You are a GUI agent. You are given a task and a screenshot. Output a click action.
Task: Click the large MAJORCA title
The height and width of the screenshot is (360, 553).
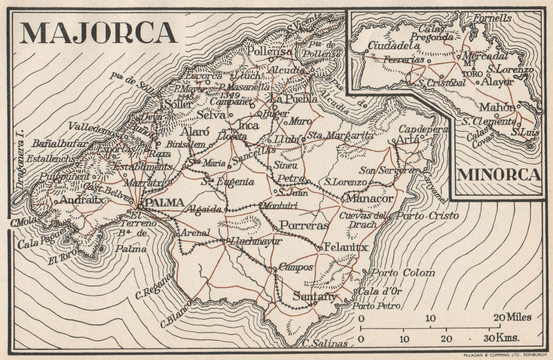click(98, 32)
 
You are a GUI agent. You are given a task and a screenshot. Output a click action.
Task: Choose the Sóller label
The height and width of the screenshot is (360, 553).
click(178, 104)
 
